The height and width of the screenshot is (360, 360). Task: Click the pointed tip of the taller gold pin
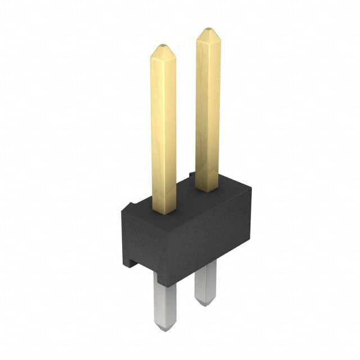click(x=208, y=30)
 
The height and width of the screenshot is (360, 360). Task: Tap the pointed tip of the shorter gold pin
click(x=163, y=46)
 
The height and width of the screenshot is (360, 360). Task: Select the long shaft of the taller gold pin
click(x=208, y=107)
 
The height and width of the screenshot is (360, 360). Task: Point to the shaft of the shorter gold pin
click(x=163, y=129)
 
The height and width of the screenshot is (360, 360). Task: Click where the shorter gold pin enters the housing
click(x=164, y=212)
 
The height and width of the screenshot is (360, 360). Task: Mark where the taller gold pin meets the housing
click(x=207, y=190)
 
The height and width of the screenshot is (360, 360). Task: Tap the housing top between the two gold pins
click(x=186, y=200)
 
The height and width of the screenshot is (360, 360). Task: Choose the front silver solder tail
click(x=165, y=304)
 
